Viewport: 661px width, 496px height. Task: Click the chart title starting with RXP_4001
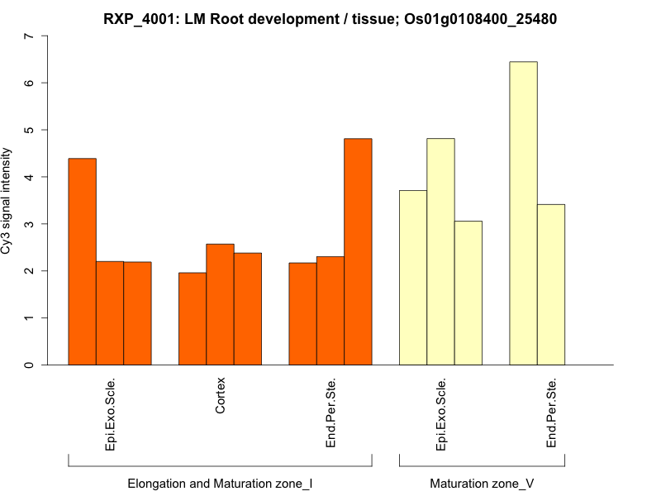330,18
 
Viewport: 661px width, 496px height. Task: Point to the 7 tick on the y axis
31,36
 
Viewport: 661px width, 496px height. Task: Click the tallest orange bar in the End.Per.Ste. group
358,251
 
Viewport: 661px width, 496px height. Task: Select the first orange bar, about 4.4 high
82,261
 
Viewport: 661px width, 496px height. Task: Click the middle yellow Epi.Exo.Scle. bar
440,251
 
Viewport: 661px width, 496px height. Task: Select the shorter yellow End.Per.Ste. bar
551,284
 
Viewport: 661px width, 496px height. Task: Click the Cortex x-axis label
221,397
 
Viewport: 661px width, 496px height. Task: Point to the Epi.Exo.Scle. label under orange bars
111,414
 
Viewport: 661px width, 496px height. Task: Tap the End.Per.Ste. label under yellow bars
551,413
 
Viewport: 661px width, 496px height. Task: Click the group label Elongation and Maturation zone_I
220,483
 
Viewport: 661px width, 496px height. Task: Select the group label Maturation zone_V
482,483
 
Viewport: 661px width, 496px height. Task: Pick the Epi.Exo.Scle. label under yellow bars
441,414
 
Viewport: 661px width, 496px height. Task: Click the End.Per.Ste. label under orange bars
330,413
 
